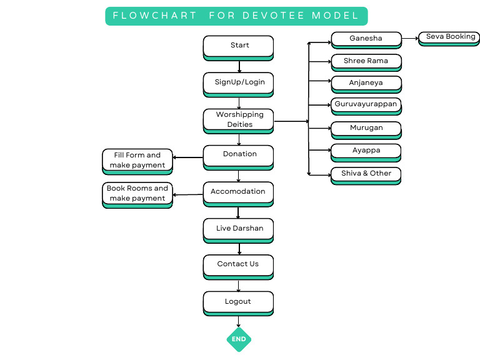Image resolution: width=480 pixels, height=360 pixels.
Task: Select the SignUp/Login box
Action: [238, 83]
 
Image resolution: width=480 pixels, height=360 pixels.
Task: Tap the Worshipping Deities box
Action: [238, 120]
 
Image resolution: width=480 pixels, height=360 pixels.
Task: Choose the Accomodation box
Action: [238, 192]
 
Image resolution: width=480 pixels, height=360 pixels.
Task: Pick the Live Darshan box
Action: [238, 229]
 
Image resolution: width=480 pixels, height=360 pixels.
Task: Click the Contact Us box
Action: [238, 265]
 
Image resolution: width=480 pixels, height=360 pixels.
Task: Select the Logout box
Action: [238, 302]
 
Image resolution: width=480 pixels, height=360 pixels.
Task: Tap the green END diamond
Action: [239, 339]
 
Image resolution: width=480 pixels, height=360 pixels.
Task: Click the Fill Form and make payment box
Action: [137, 161]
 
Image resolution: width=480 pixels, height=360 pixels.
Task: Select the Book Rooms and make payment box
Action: [137, 194]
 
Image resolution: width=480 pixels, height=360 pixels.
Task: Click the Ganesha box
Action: [366, 39]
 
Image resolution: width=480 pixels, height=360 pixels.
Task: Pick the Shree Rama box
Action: [366, 62]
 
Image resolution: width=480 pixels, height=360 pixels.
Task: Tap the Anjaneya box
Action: [366, 84]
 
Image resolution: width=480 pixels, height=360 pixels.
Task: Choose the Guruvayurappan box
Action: [366, 105]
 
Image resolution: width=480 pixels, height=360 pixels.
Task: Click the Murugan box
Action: [366, 129]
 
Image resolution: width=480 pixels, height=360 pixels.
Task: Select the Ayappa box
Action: [366, 151]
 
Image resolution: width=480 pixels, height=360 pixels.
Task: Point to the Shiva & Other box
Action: [366, 174]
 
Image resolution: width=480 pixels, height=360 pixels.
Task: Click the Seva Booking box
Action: [449, 38]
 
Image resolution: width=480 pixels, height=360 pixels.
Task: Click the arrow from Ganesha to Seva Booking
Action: [409, 39]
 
